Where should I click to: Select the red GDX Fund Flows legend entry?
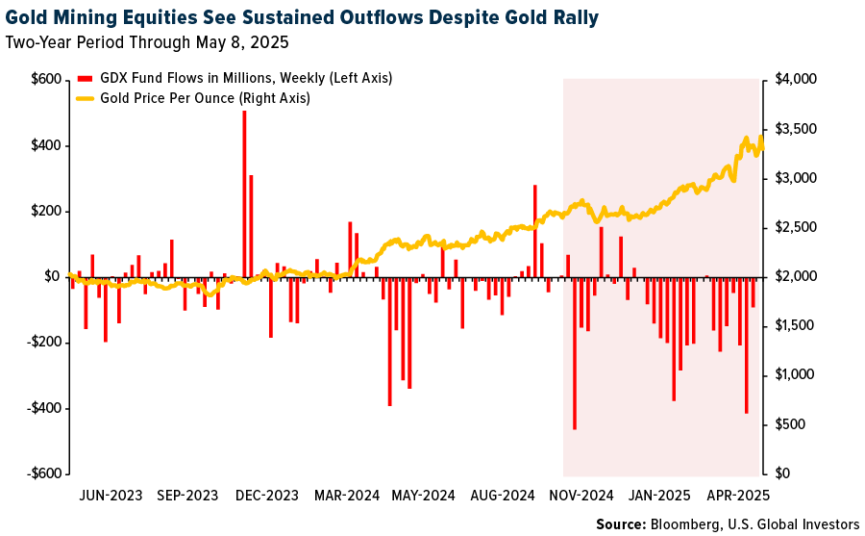(235, 78)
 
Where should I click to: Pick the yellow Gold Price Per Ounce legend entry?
(202, 98)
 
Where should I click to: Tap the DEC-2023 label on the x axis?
(265, 496)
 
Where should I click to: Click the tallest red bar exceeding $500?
(244, 192)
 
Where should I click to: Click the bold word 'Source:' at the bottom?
(621, 524)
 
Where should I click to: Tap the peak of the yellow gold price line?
(761, 137)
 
